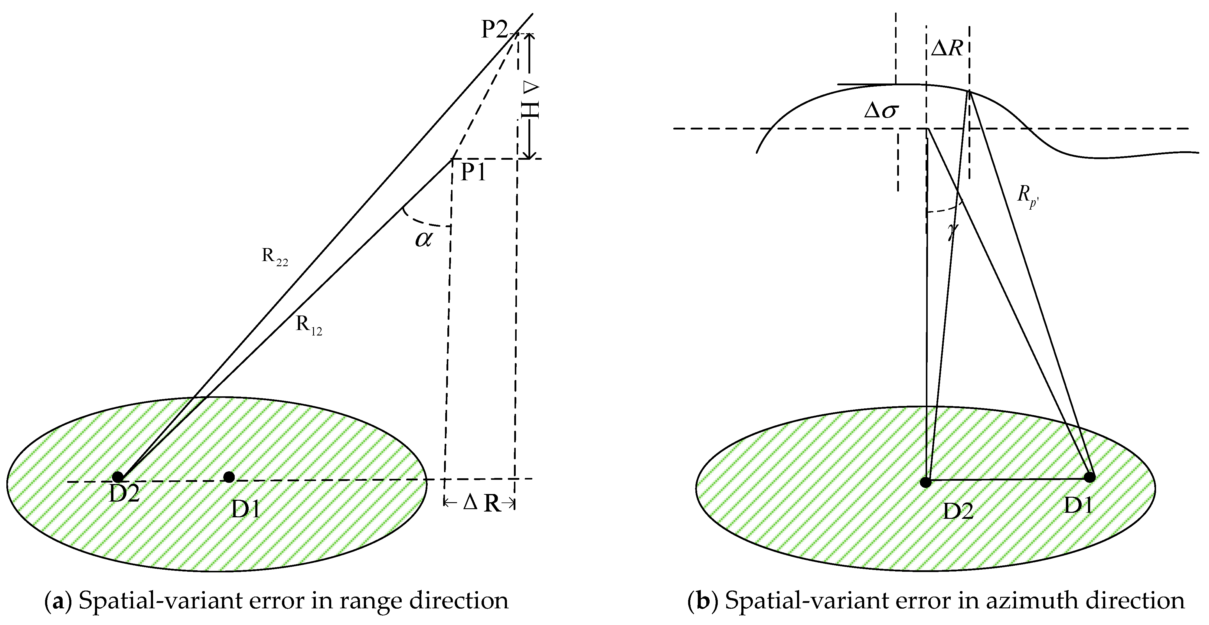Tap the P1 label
(x=473, y=173)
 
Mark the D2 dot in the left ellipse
(x=118, y=477)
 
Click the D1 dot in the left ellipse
(x=229, y=477)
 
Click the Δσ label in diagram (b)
(x=881, y=111)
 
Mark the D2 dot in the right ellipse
(x=926, y=482)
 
